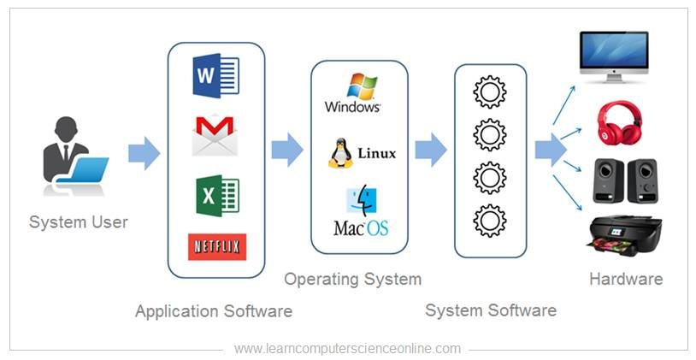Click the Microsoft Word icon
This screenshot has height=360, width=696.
click(x=216, y=75)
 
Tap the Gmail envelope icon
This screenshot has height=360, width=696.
click(x=215, y=134)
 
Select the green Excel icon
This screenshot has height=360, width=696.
click(x=217, y=196)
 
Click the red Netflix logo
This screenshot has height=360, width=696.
click(x=217, y=247)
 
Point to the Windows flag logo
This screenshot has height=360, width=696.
click(x=362, y=86)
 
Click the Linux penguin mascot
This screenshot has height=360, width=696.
click(x=341, y=153)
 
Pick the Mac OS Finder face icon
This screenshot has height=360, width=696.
click(x=362, y=202)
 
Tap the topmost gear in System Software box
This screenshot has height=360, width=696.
click(x=490, y=92)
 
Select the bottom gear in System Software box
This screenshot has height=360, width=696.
click(x=490, y=221)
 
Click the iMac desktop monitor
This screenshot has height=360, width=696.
click(x=614, y=56)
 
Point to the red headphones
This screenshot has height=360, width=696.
click(x=620, y=122)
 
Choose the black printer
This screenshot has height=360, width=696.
click(x=625, y=235)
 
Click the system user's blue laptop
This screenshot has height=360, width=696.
click(x=83, y=170)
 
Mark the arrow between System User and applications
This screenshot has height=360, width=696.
click(x=144, y=153)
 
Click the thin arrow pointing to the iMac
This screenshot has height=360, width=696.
click(x=563, y=105)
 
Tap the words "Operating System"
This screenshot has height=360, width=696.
click(x=353, y=280)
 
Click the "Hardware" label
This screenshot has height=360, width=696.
click(x=626, y=280)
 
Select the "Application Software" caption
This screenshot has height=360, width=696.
click(x=214, y=310)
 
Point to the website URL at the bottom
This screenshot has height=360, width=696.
click(x=347, y=349)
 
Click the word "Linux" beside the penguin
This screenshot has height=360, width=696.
click(x=377, y=154)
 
